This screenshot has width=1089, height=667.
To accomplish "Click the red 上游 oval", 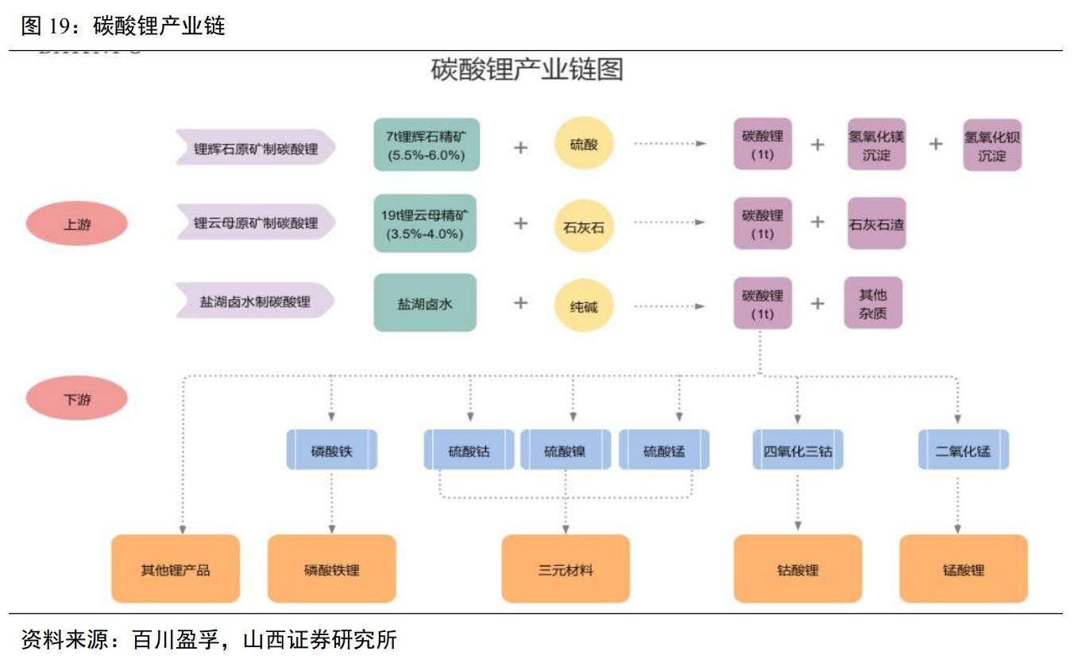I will (77, 224).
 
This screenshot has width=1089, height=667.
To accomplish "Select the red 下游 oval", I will (77, 398).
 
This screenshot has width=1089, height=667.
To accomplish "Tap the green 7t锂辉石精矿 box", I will (426, 145).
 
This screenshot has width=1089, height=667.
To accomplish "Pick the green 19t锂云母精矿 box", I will (426, 223).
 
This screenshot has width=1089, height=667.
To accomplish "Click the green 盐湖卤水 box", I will (426, 303).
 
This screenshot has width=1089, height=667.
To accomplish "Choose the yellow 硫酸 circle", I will (584, 144).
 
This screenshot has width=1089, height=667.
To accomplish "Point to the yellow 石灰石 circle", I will (584, 226).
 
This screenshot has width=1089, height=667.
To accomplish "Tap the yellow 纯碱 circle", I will (584, 304).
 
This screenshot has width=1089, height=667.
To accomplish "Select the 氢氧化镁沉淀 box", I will (876, 145).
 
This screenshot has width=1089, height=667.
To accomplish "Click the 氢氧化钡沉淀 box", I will (991, 145).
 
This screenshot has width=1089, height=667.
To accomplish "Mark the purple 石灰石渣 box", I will (876, 223).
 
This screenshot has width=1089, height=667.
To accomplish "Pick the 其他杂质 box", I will (873, 303).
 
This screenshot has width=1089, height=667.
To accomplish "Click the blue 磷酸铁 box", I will (331, 451).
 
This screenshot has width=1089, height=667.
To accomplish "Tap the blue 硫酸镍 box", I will (566, 451).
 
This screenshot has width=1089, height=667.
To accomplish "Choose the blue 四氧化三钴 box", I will (797, 451).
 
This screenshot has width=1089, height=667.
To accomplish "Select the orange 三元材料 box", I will (566, 569).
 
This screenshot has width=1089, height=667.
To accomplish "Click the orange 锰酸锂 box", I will (963, 569).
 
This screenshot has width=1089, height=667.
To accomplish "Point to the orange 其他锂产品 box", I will (176, 569).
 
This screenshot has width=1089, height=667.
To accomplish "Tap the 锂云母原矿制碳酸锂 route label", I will (256, 223).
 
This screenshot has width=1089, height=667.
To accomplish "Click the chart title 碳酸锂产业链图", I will (527, 70).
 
